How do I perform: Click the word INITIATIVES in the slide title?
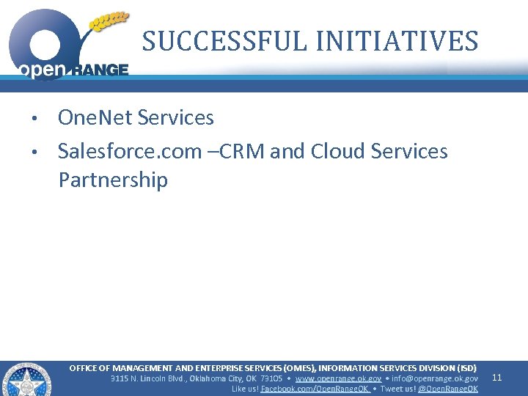coord(397,41)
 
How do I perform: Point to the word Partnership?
coord(113,180)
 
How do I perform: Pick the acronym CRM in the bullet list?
coord(245,151)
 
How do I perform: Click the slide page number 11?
coord(496,378)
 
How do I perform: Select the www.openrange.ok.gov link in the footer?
coord(338,378)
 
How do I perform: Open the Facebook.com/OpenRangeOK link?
coord(315,389)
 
